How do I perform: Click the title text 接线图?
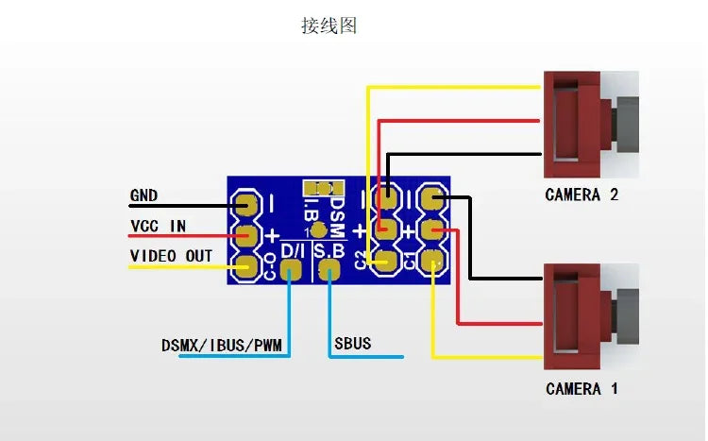click(329, 26)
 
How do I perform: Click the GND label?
click(143, 196)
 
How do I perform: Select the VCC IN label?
click(158, 227)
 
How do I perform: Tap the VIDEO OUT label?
click(171, 256)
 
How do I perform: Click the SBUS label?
click(352, 343)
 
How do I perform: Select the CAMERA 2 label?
click(582, 195)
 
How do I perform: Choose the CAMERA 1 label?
click(582, 388)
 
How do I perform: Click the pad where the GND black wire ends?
click(248, 203)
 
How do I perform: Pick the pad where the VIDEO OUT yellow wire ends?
click(248, 267)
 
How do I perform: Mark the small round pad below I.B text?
click(319, 229)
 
